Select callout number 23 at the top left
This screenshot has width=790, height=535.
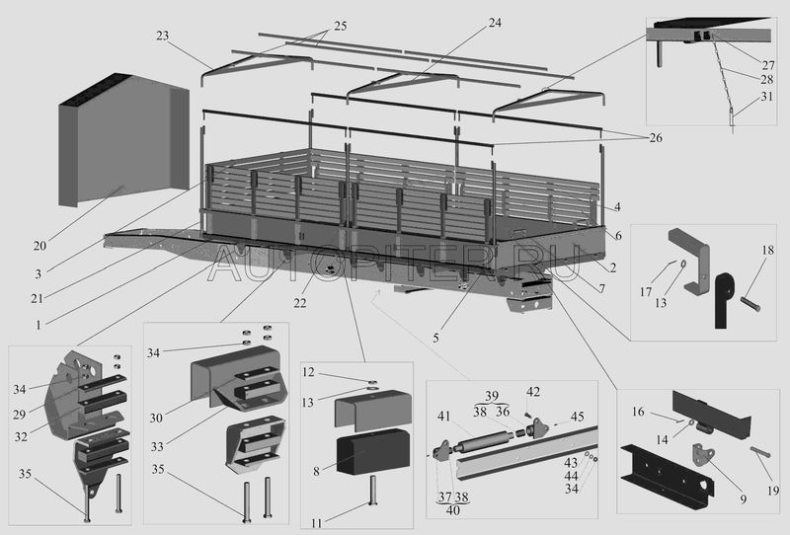(x=163, y=36)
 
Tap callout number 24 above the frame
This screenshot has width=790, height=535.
(x=494, y=21)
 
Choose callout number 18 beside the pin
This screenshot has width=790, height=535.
(x=766, y=252)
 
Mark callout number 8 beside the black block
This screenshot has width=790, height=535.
(x=315, y=472)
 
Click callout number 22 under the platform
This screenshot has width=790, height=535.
(x=299, y=302)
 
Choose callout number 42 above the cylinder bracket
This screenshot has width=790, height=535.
(x=533, y=392)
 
